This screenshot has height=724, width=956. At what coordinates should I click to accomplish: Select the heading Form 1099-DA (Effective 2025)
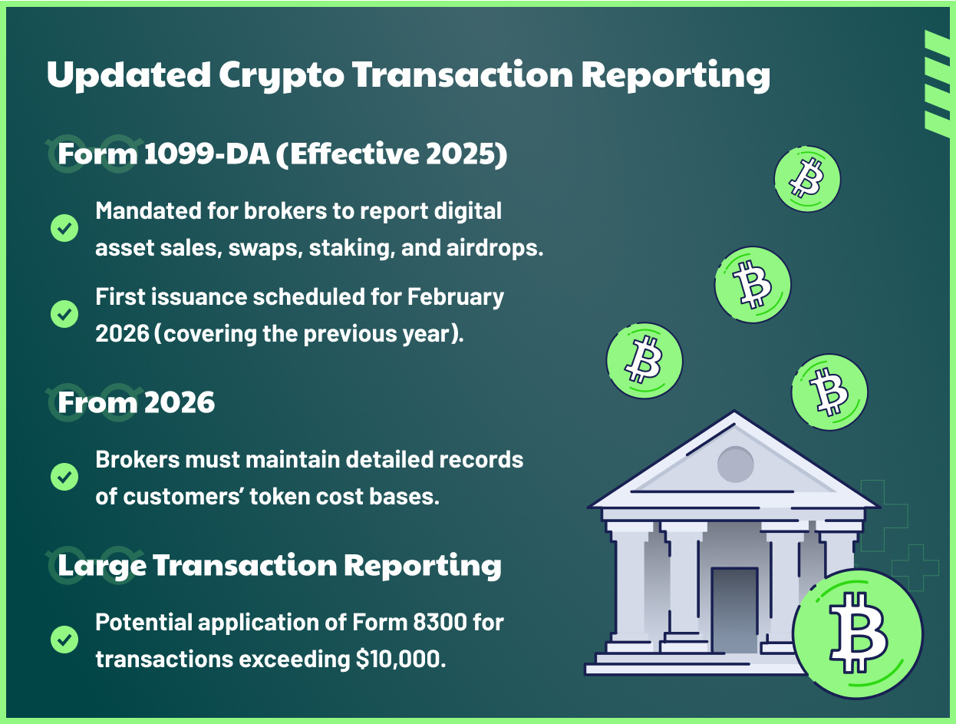click(x=283, y=154)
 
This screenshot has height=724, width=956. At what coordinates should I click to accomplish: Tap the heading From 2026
click(x=137, y=402)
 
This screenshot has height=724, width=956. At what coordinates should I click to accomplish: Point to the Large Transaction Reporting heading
click(x=280, y=565)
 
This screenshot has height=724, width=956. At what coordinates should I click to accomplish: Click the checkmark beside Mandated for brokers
click(x=64, y=228)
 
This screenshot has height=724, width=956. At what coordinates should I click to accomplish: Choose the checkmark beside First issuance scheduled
click(x=64, y=314)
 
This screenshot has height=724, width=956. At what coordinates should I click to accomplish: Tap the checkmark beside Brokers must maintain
click(x=64, y=476)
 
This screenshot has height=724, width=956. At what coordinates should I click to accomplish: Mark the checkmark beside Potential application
click(x=64, y=639)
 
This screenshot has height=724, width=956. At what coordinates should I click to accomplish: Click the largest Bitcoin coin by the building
click(x=858, y=633)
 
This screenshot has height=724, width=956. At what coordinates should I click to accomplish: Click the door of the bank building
click(x=734, y=610)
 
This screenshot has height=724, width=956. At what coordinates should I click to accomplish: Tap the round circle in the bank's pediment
click(x=736, y=464)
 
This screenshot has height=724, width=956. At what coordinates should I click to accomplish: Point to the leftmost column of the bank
click(x=630, y=583)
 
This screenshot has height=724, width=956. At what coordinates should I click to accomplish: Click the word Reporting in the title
click(x=676, y=74)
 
